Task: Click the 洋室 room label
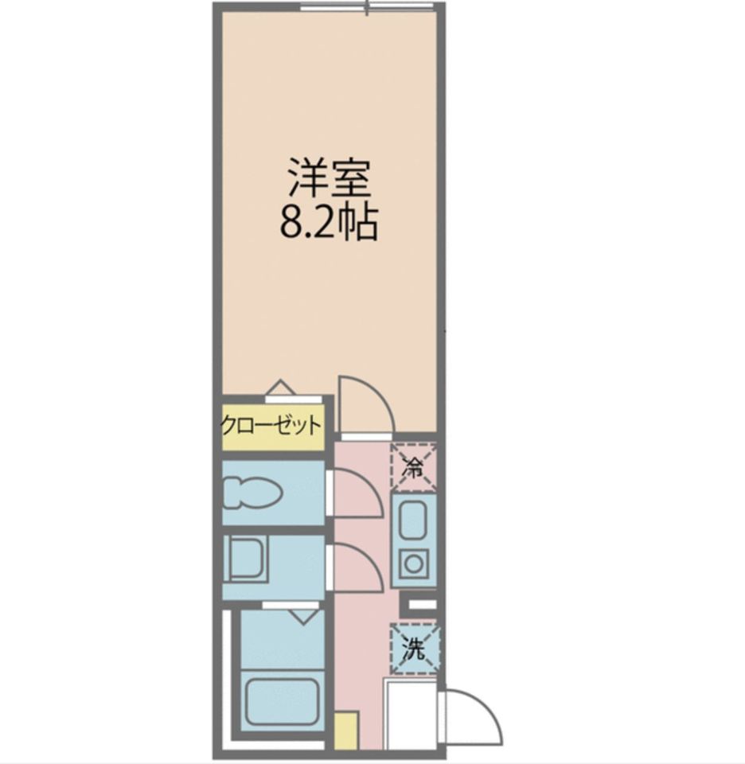pyautogui.click(x=329, y=179)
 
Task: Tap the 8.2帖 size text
pyautogui.click(x=328, y=224)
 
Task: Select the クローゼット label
pyautogui.click(x=271, y=423)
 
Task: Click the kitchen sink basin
pyautogui.click(x=413, y=520)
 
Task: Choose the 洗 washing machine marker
pyautogui.click(x=413, y=649)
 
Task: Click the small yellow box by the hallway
pyautogui.click(x=345, y=731)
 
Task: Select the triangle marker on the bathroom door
pyautogui.click(x=303, y=615)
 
